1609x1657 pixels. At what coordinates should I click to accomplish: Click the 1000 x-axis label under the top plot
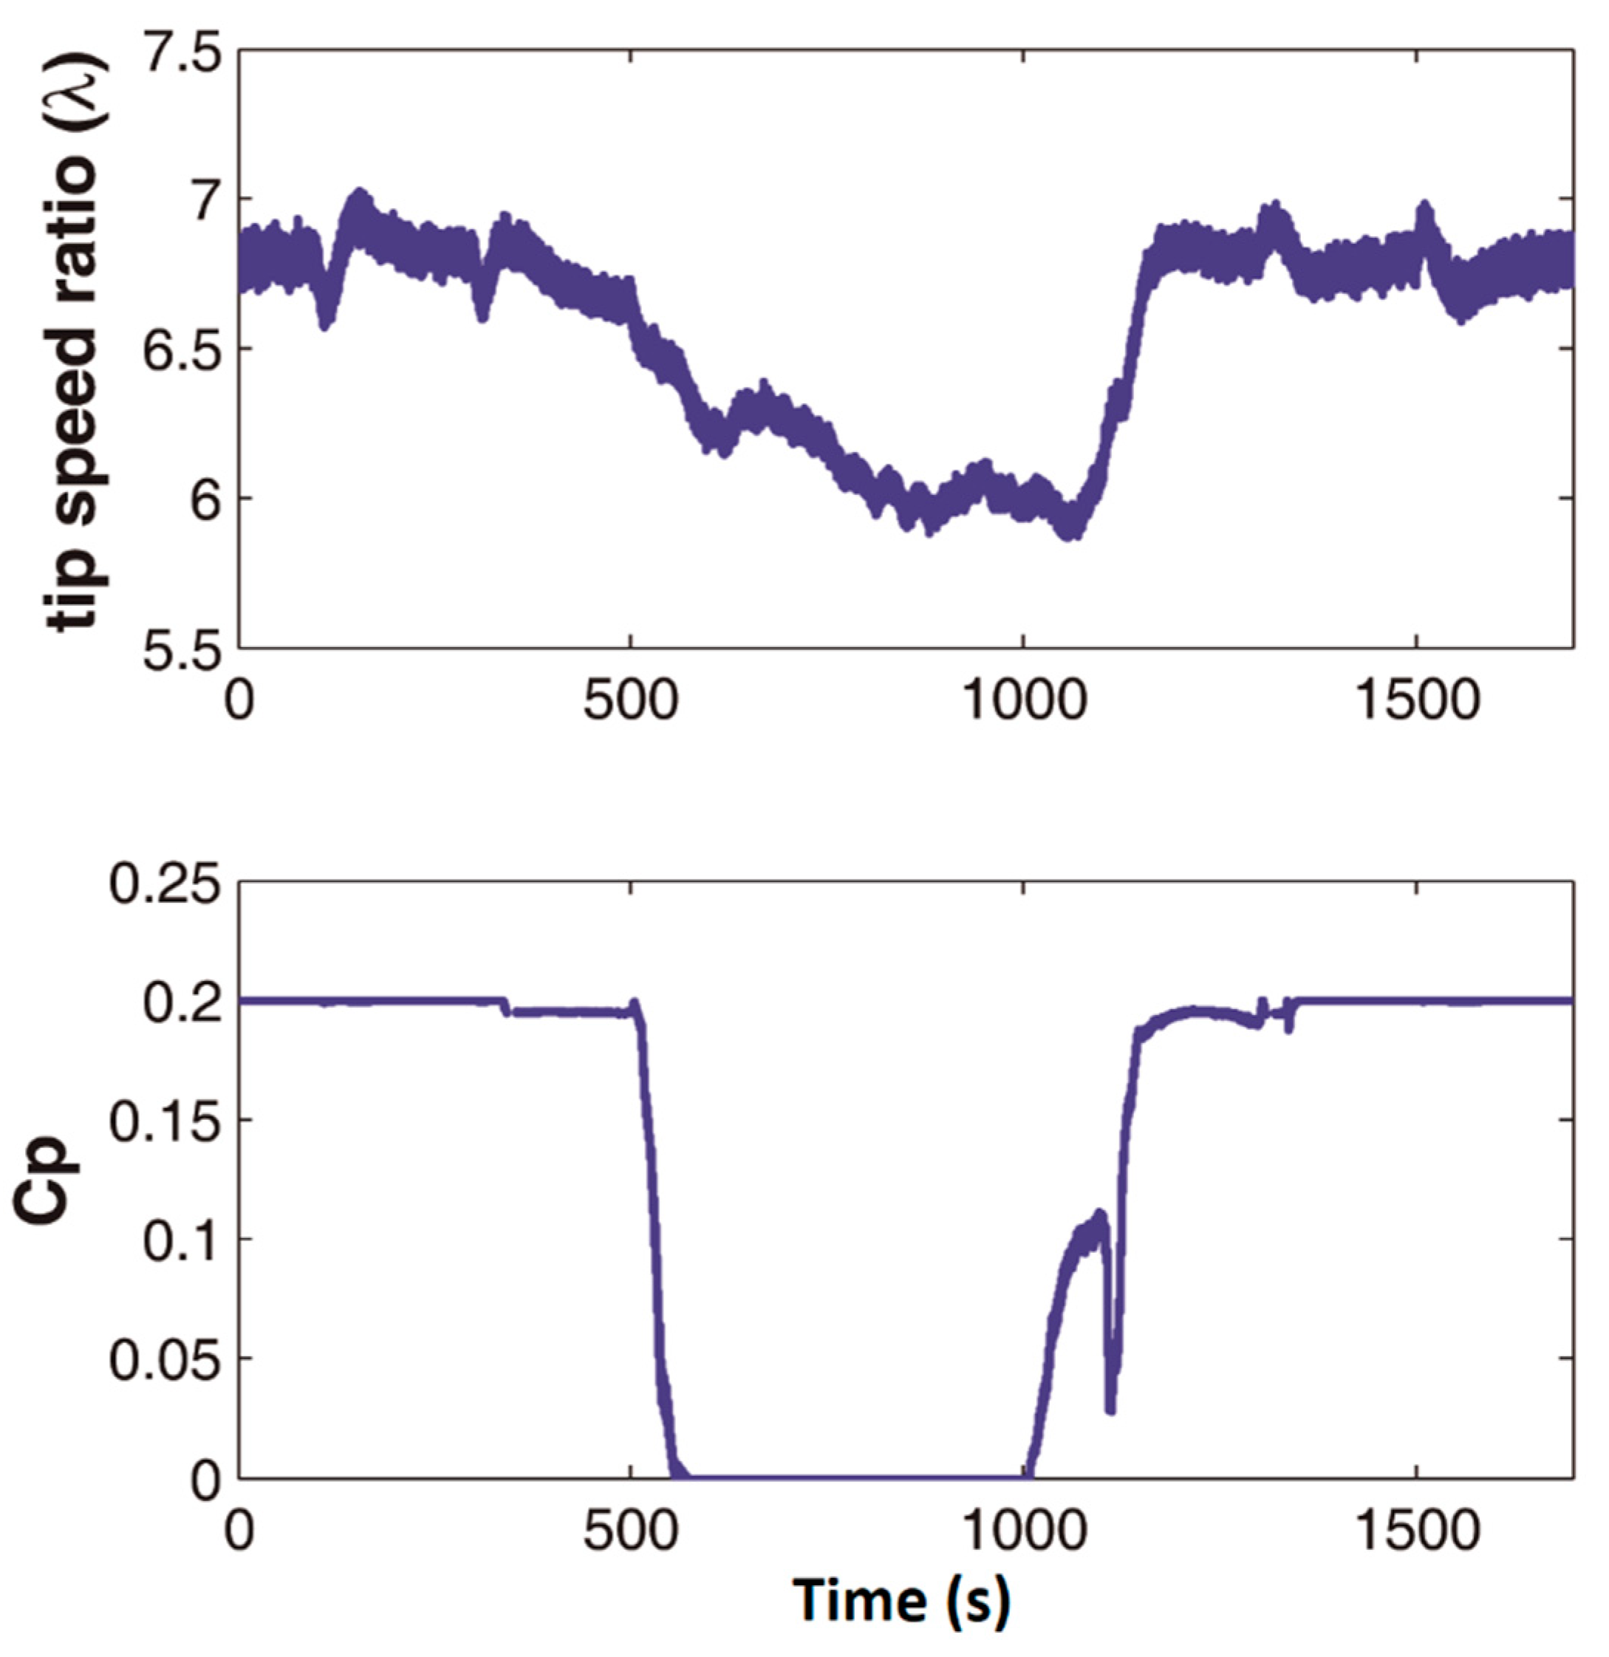click(1024, 701)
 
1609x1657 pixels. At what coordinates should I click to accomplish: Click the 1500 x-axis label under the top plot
click(1416, 701)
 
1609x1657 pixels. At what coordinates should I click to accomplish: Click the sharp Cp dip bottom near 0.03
click(1110, 1410)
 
